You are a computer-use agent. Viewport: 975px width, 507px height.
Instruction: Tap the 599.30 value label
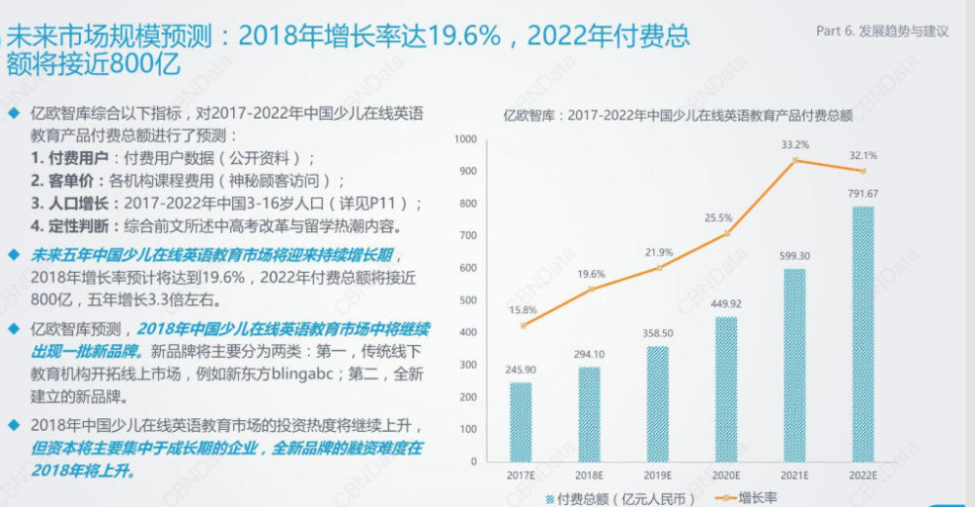point(794,255)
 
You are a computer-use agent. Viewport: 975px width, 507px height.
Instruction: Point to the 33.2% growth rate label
point(795,145)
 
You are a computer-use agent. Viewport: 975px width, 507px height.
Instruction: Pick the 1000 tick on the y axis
point(466,140)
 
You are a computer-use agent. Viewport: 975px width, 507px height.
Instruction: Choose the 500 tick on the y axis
point(467,300)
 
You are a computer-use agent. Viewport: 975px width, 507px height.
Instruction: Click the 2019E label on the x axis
point(657,476)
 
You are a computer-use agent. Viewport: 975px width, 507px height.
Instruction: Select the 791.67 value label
point(862,192)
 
